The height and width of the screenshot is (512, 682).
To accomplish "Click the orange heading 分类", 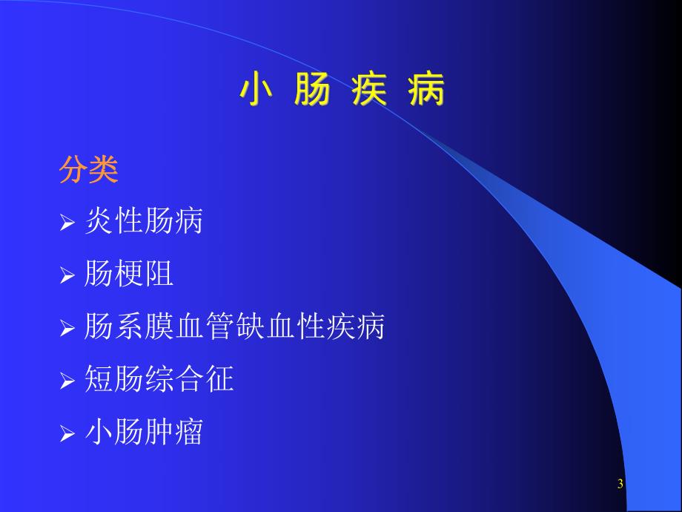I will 89,171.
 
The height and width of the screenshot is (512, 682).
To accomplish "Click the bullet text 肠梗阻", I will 129,275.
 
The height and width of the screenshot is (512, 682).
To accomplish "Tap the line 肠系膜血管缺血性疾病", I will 235,327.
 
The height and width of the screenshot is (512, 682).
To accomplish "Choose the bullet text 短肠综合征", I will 159,380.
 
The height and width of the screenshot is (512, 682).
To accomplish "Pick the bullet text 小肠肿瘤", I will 144,433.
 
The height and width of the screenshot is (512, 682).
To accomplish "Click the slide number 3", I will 620,485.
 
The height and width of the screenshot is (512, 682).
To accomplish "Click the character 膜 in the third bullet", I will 159,327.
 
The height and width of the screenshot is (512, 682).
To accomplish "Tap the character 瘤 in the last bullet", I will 189,433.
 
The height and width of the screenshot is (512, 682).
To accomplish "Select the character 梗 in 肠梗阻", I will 129,275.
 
